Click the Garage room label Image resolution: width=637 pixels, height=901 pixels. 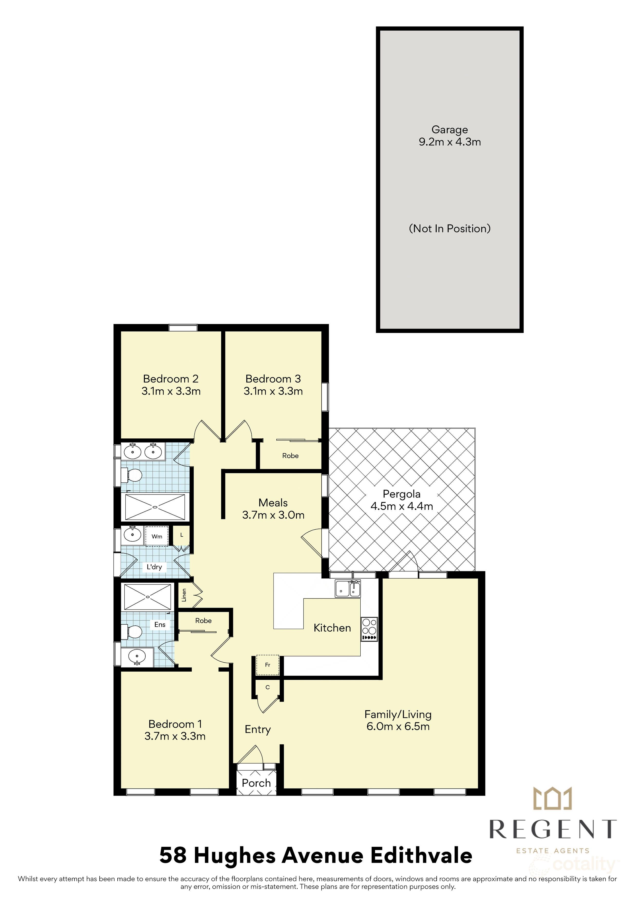(449, 129)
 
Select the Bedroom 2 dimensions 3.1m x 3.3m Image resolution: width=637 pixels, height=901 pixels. (171, 391)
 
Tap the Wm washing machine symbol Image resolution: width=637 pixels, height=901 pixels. (157, 537)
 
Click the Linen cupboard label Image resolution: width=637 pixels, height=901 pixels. (184, 595)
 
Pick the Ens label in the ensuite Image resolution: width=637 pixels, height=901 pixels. (160, 624)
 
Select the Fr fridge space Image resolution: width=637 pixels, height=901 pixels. (268, 665)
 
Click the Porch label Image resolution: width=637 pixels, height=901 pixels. (256, 783)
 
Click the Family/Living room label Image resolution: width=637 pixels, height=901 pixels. (398, 715)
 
